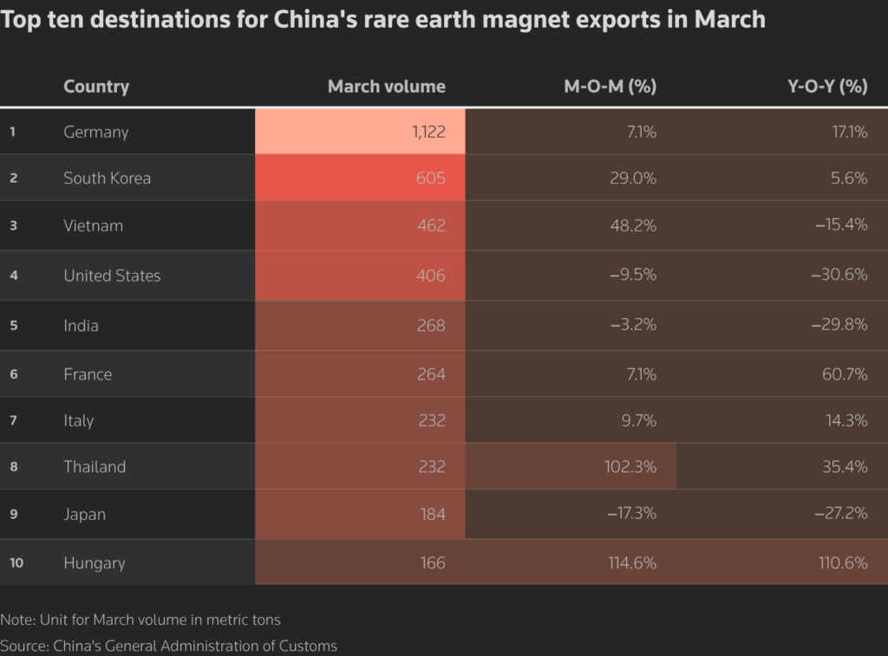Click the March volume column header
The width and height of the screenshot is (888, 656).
pos(386,87)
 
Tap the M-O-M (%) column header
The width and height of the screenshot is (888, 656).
pos(610,87)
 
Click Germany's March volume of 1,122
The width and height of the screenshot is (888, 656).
pos(428,132)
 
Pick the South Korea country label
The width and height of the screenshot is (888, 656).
pos(107,178)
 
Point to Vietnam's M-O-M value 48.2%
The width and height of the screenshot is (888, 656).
pos(630,225)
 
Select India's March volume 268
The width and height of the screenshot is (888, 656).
pos(430,326)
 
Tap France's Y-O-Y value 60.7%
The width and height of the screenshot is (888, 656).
pos(843,374)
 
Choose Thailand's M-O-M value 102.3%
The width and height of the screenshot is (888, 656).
pos(630,466)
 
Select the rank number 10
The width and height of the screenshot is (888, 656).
pos(16,563)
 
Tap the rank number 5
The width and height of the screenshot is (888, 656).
pos(13,326)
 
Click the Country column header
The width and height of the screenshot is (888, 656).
pos(96,87)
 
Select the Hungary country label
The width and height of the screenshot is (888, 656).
pos(94,563)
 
